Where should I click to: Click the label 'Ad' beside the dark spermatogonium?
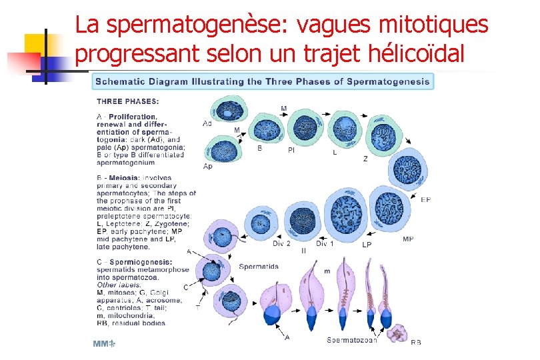[207, 123]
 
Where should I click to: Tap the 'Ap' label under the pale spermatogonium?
[207, 166]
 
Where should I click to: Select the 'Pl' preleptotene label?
[291, 151]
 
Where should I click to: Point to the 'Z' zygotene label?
[365, 159]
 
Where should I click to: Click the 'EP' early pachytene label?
[426, 199]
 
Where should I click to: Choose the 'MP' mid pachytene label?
[408, 239]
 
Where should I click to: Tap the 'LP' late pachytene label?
[367, 245]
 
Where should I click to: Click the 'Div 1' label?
[325, 243]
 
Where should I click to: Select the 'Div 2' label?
[282, 243]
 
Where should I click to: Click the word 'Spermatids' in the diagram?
[259, 267]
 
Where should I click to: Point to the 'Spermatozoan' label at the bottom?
[352, 340]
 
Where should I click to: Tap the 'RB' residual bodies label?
[416, 342]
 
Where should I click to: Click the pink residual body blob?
[399, 331]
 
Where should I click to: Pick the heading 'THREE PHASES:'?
[128, 102]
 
